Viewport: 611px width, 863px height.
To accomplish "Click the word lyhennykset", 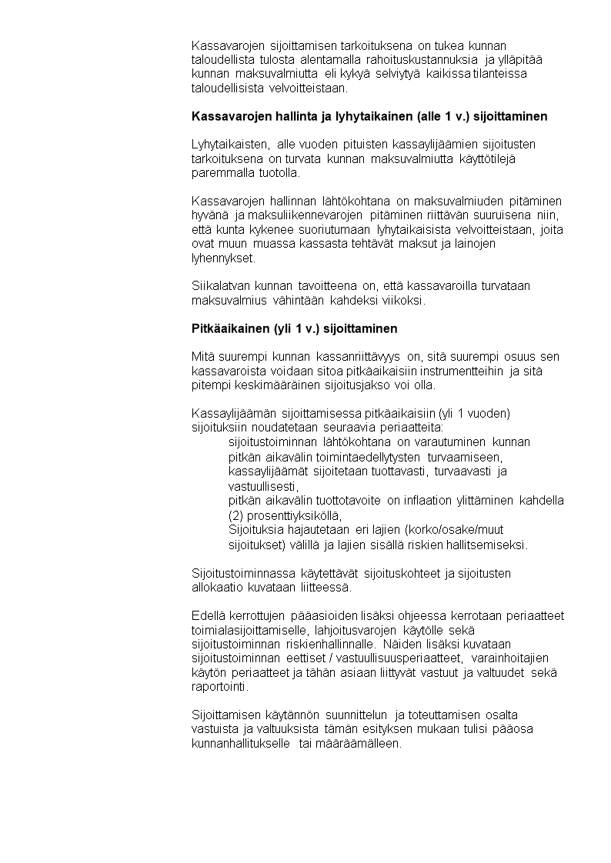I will click(223, 258).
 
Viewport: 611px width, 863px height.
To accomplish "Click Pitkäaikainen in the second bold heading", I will click(229, 328).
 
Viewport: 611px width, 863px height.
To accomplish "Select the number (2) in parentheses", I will click(237, 515).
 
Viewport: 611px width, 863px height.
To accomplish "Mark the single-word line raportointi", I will click(220, 688).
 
